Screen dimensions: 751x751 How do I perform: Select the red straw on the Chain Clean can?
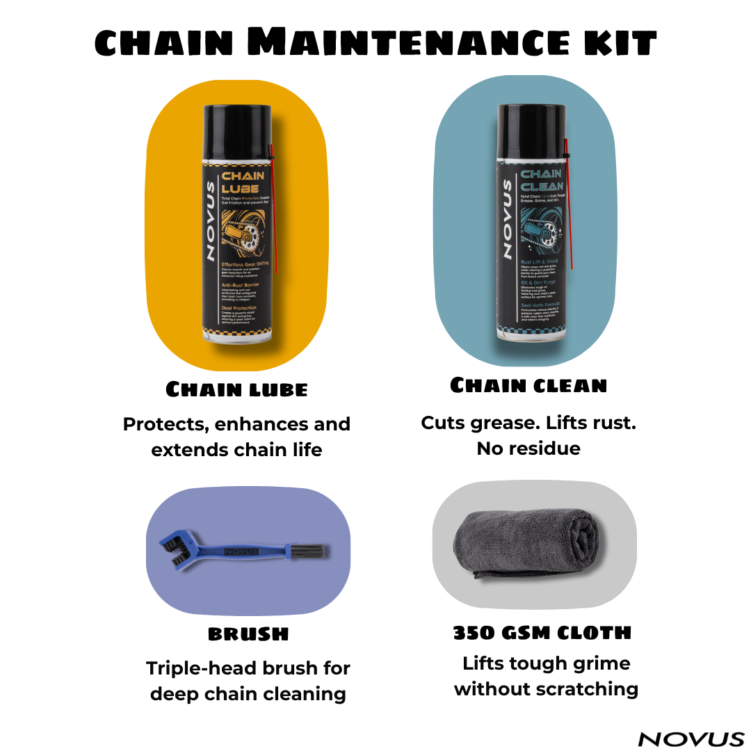(x=568, y=209)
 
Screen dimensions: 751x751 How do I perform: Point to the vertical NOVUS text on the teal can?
(x=508, y=219)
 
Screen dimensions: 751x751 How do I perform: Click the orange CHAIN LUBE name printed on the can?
(x=242, y=182)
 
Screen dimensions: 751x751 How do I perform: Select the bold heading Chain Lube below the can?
(x=236, y=389)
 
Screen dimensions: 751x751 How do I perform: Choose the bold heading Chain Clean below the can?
(x=528, y=385)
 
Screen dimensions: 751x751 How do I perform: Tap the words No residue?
(x=528, y=449)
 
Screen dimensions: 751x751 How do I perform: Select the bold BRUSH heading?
(x=248, y=633)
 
